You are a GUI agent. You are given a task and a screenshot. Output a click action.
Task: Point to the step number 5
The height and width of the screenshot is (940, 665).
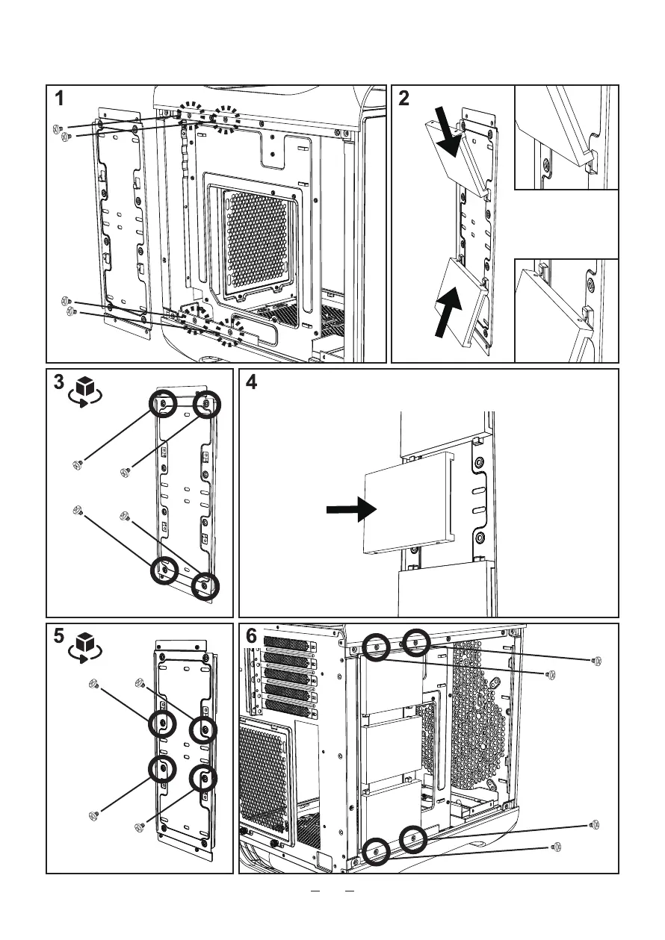click(59, 638)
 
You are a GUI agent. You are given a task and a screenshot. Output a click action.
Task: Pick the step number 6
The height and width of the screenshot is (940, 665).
click(252, 638)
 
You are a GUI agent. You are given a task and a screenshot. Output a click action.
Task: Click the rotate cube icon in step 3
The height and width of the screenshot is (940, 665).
click(84, 389)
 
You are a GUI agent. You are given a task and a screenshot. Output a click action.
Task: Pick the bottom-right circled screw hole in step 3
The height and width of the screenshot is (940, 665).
click(205, 587)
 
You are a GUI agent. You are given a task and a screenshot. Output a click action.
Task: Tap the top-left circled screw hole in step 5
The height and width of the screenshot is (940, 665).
click(162, 723)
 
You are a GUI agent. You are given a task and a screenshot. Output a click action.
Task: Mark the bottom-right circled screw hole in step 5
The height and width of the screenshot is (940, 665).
click(204, 779)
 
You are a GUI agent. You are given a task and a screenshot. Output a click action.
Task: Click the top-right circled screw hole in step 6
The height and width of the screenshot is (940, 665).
click(416, 642)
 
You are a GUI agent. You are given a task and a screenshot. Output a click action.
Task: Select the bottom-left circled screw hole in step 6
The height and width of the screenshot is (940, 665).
click(376, 851)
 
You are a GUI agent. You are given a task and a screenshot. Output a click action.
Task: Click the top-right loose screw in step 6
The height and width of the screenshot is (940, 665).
click(596, 661)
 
